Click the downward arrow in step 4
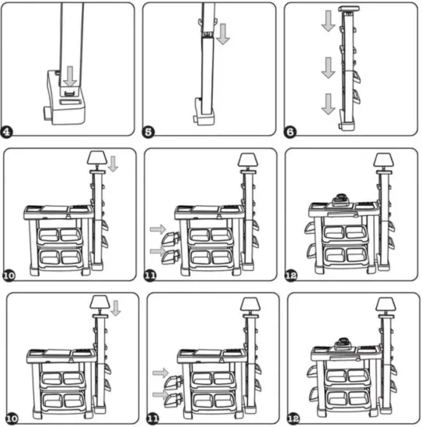tap(71, 76)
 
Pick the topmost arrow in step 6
tap(329, 21)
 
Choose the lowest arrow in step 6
tap(329, 102)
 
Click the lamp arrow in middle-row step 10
tap(113, 164)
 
